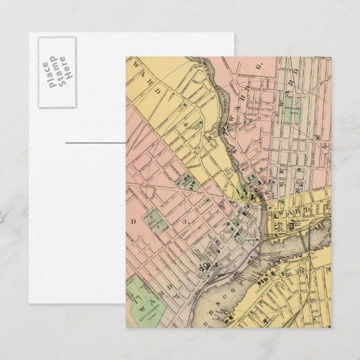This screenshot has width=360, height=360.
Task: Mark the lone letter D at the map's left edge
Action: pos(134,221)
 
